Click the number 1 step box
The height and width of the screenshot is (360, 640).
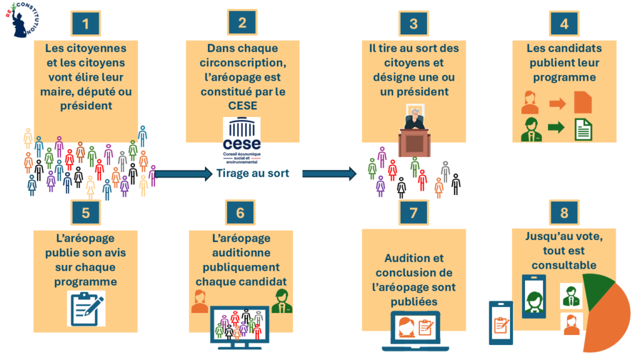point(90,24)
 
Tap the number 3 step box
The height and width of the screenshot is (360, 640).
point(413,24)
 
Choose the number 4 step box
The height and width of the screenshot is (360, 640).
point(564,24)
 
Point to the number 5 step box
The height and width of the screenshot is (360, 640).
point(86,212)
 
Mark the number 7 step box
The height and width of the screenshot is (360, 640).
point(413,212)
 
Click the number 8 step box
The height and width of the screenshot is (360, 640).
point(564,212)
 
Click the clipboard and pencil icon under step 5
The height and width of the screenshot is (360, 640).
point(86,308)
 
